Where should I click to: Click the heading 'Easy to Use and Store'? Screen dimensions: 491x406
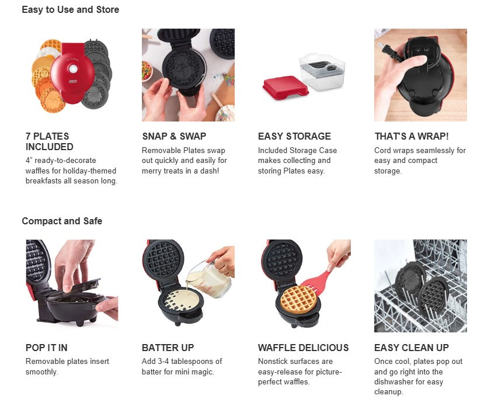coord(71,10)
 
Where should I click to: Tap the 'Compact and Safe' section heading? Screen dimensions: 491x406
coord(62,221)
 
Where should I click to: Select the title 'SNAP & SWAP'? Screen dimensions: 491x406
coord(174,136)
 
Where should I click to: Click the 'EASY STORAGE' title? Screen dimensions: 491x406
coord(294,136)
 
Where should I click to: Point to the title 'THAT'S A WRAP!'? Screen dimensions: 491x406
coord(412,136)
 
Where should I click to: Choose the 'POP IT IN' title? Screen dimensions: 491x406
coord(46,348)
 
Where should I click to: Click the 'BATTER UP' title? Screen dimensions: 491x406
coord(168,348)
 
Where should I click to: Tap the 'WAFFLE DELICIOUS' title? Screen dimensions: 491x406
coord(303,348)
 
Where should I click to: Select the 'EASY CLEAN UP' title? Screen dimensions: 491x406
coord(412,348)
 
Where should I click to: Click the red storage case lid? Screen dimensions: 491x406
coord(285,88)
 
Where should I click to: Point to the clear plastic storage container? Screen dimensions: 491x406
coord(322,72)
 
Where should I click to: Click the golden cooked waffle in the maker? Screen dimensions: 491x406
coord(298,299)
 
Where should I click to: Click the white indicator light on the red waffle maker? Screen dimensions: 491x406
coord(73,68)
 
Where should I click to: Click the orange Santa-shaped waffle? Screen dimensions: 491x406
coord(53,100)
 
